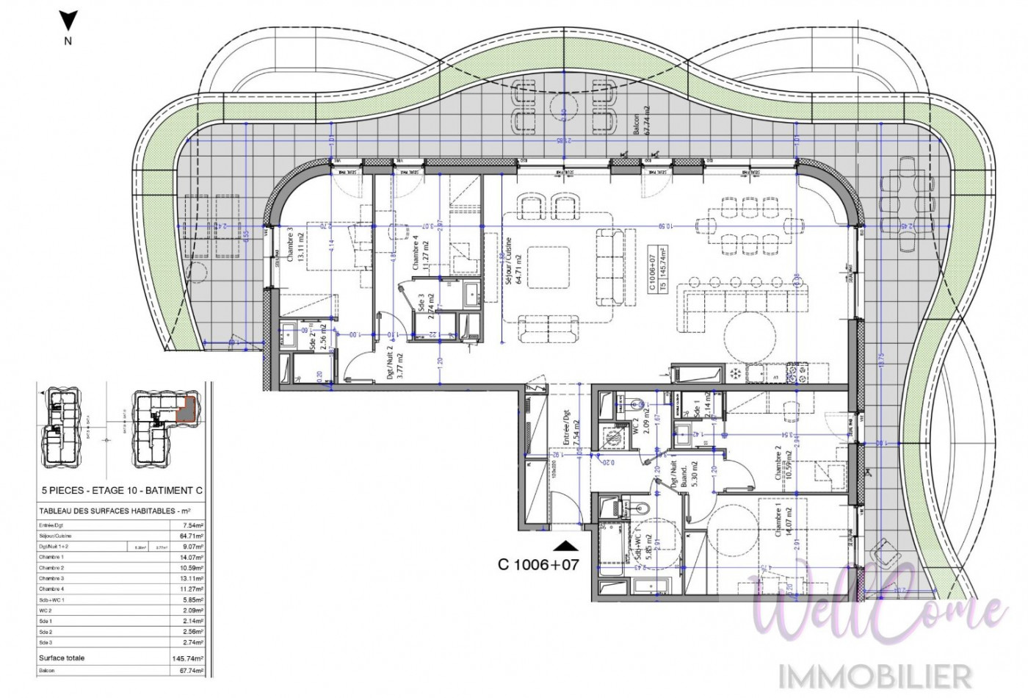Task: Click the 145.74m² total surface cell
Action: (x=188, y=658)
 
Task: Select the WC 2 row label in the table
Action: (x=46, y=611)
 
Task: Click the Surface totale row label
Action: (x=62, y=658)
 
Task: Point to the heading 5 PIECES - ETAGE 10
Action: (x=120, y=491)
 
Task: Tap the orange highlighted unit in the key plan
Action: (x=189, y=408)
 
